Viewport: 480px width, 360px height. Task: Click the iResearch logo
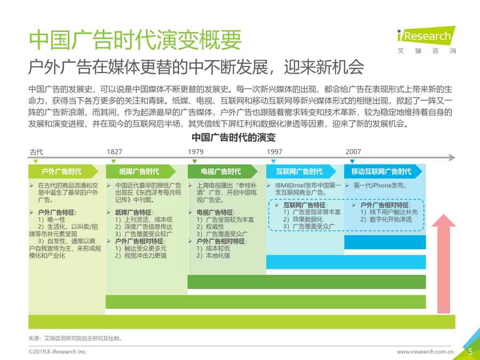(427, 40)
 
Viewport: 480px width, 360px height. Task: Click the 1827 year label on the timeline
(114, 151)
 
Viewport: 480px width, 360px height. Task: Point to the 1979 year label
(196, 151)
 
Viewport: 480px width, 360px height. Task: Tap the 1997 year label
(274, 151)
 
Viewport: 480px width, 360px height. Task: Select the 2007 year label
(353, 151)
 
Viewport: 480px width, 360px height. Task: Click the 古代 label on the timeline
(36, 151)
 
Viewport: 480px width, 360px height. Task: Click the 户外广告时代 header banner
(63, 171)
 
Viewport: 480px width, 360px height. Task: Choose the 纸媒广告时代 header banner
(141, 171)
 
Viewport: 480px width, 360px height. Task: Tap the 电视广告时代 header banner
(222, 171)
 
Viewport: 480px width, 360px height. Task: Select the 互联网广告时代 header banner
(301, 171)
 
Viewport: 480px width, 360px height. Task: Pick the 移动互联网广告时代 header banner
(383, 171)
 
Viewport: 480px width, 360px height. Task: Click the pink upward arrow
(444, 263)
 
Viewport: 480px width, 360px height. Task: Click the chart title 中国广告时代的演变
(234, 138)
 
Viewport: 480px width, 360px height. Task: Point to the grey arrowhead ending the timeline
(452, 158)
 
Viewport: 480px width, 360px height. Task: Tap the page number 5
(470, 351)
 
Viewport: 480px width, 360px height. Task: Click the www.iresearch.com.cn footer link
(425, 352)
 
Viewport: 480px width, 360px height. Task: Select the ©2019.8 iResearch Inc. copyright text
(58, 352)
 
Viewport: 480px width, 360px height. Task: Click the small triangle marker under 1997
(274, 161)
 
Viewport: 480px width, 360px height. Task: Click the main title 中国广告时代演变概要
(135, 39)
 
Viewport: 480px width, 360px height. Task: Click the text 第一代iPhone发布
(380, 185)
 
